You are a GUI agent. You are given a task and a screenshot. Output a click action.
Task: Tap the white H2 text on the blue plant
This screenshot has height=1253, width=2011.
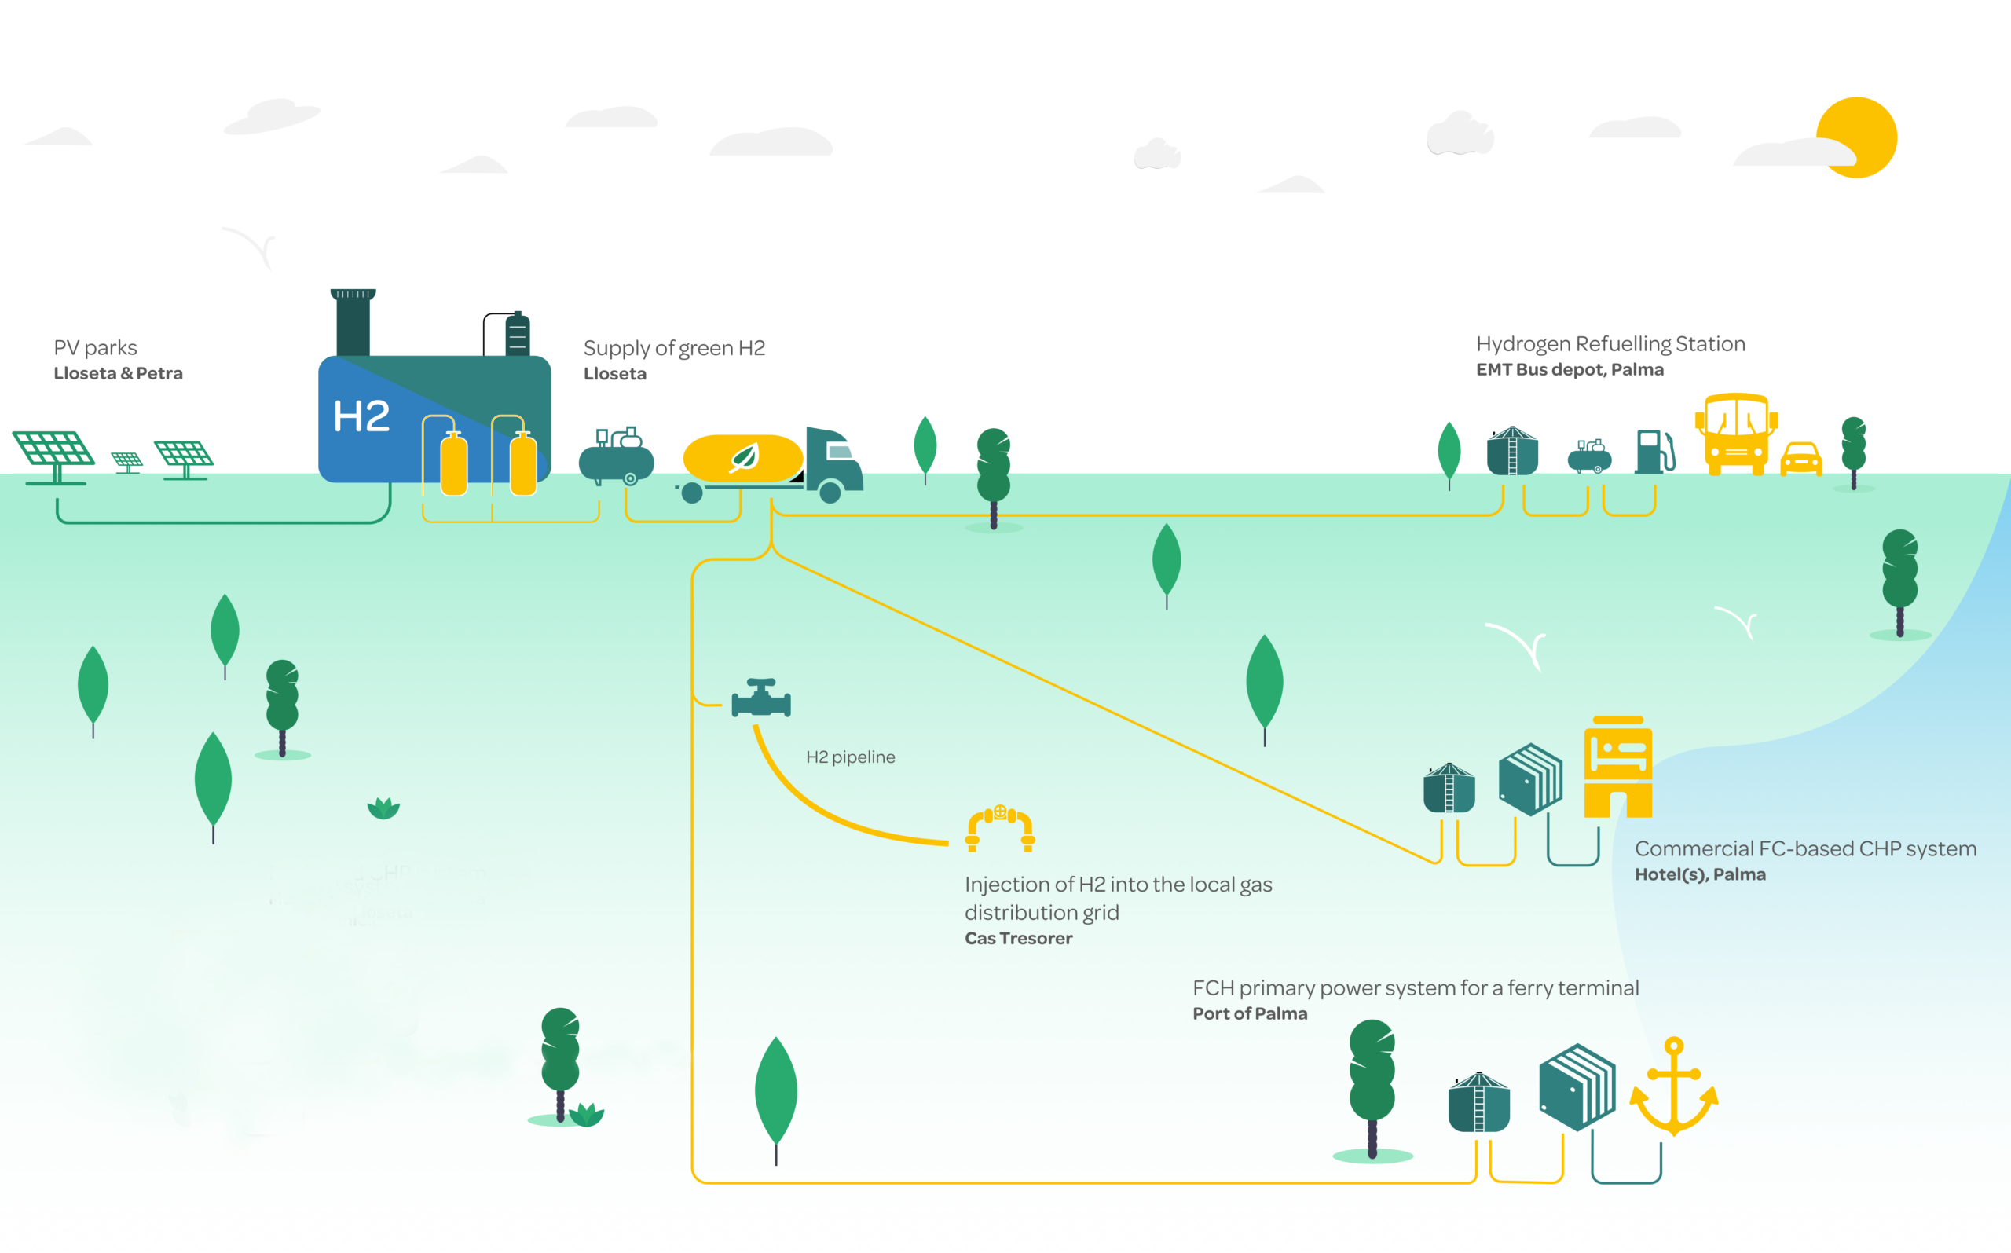point(361,417)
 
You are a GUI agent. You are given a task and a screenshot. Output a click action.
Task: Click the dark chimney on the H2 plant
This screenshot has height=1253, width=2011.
point(353,323)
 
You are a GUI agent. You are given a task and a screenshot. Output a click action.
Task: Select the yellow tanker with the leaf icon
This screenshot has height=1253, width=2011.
point(742,457)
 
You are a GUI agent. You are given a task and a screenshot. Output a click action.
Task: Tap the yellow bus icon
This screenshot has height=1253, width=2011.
point(1736,434)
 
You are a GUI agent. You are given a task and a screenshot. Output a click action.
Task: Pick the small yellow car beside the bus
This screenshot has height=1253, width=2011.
point(1801,459)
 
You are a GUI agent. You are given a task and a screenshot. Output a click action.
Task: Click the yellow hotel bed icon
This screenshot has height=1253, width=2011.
point(1617,767)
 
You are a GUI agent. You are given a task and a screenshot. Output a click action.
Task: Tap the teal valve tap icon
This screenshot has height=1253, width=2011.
point(760,698)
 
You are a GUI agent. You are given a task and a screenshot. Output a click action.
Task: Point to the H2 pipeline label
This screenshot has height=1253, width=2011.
point(850,757)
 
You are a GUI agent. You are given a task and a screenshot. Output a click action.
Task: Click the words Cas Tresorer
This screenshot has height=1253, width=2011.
point(1018,938)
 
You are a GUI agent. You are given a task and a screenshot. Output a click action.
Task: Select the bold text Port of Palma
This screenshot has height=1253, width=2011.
point(1250,1013)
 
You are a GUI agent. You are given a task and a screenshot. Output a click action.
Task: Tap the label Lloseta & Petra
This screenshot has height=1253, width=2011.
point(119,373)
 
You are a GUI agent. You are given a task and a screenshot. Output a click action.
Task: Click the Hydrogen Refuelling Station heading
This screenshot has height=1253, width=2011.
point(1610,344)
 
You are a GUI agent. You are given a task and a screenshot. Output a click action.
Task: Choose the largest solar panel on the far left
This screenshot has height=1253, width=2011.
point(54,454)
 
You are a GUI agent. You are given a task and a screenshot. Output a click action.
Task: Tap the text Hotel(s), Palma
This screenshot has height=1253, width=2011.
point(1699,874)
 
